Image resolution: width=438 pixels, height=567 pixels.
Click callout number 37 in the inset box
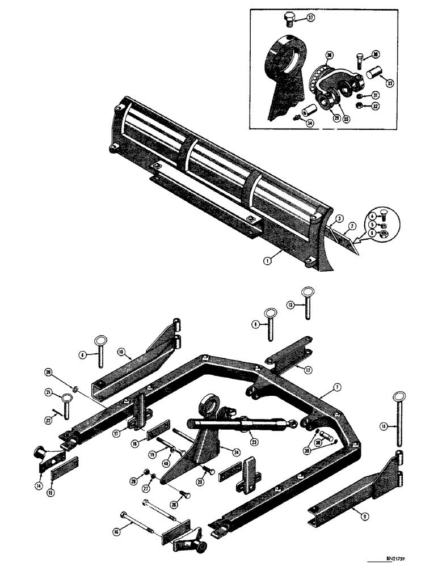point(310,18)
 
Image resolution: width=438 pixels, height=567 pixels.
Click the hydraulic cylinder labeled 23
point(238,426)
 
